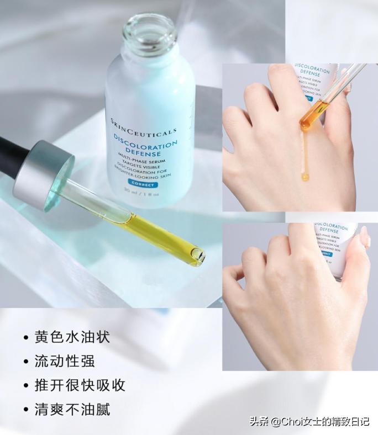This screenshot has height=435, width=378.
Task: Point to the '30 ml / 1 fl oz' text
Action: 142,194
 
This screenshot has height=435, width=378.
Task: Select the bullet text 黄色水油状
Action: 72,337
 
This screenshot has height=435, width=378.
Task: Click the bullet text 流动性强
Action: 65,361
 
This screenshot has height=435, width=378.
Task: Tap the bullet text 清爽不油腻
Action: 72,409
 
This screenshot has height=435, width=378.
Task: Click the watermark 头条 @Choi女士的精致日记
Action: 309,421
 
